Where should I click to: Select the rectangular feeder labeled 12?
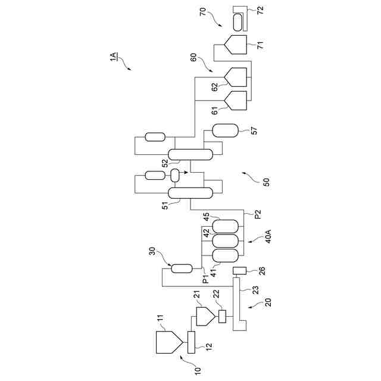coord(192,342)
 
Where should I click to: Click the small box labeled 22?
coord(222,316)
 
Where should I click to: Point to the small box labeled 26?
coord(239,271)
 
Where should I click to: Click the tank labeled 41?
coord(225,255)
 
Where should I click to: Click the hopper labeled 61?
coord(236,101)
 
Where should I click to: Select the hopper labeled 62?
coord(236,77)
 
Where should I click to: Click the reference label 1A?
coord(114,57)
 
